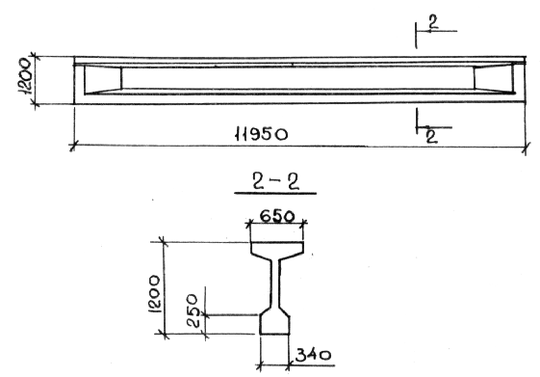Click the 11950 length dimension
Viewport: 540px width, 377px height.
261,133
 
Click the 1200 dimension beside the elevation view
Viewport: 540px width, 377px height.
25,76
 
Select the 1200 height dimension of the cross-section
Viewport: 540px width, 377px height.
154,293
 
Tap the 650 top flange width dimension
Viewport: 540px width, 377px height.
277,217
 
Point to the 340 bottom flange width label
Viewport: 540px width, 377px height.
313,355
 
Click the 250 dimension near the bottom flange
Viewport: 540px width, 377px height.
193,310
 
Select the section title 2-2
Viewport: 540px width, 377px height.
275,182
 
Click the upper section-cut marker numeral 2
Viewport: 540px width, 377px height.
433,22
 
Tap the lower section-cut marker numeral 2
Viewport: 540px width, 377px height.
431,136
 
